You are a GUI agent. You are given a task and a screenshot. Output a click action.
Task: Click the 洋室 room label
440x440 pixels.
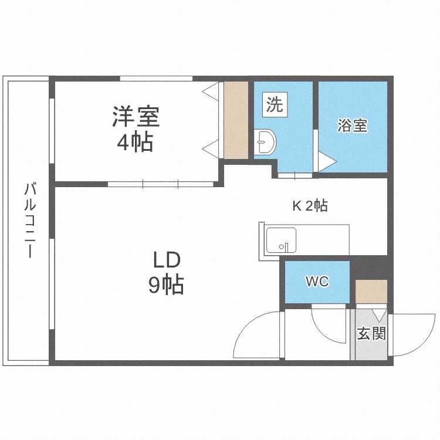(x=136, y=117)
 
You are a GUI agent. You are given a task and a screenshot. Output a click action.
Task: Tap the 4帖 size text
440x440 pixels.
(x=135, y=141)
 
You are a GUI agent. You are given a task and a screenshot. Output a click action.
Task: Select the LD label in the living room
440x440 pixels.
(x=167, y=260)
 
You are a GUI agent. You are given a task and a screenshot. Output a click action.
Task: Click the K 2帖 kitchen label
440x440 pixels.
(x=310, y=206)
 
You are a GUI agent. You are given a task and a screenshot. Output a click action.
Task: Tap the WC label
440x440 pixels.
(x=317, y=281)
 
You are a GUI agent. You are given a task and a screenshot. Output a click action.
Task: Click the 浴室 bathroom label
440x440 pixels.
(x=353, y=126)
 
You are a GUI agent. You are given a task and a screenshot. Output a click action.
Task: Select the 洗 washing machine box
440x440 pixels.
(x=275, y=104)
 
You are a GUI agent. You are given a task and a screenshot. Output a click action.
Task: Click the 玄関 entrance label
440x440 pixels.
(x=371, y=333)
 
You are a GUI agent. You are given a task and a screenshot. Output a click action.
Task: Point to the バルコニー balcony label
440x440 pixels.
(x=30, y=220)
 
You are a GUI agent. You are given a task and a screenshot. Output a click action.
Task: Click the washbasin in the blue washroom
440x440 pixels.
(x=265, y=142)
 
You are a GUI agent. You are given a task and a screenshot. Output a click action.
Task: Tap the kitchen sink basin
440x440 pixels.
(x=281, y=240)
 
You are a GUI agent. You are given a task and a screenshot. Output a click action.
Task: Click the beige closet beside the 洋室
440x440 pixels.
(x=236, y=120)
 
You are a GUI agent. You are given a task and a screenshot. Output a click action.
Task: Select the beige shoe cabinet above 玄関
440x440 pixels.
(x=371, y=291)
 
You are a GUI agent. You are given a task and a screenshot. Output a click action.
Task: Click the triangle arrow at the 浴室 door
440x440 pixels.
(x=327, y=162)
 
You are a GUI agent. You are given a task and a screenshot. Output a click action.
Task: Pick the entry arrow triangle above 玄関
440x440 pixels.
(x=380, y=316)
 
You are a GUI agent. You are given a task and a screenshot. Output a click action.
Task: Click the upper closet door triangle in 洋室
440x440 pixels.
(x=211, y=91)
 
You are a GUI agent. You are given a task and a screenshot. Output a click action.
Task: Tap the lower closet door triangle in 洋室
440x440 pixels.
(x=211, y=149)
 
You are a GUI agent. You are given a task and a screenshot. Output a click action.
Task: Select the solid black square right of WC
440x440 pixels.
(x=369, y=268)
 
